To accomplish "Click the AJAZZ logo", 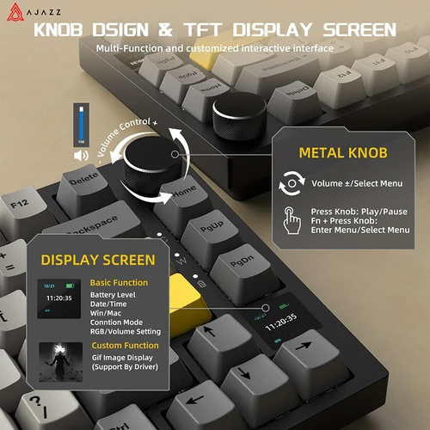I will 26,10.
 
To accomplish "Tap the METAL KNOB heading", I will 343,152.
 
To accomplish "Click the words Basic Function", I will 119,282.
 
